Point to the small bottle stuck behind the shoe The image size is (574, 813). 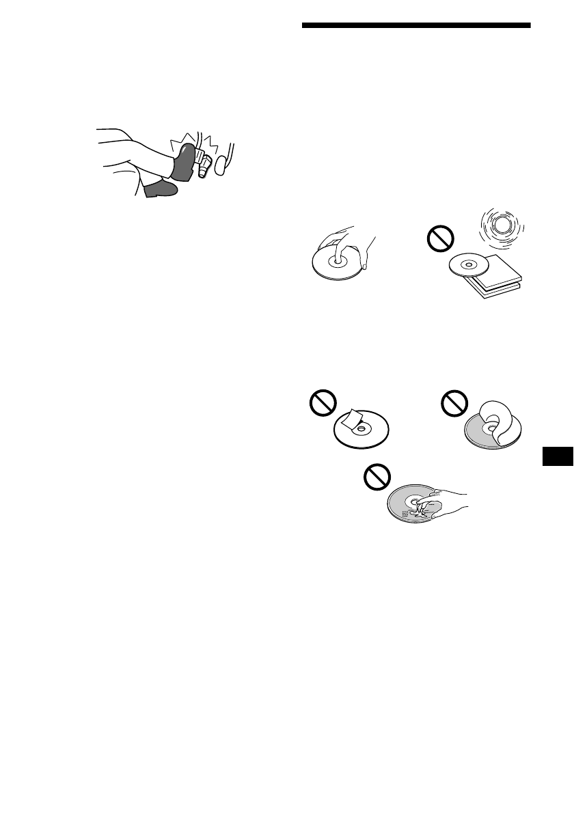[x=202, y=164]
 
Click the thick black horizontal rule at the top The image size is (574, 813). [x=416, y=26]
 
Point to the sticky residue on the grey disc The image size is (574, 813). [x=407, y=511]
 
